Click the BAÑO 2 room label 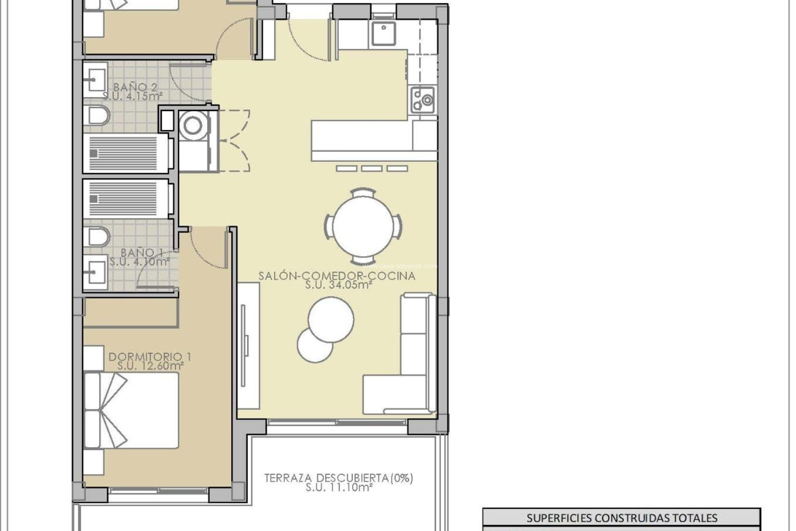click(136, 87)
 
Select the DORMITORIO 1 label click(150, 356)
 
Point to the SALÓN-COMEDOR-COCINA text click(337, 276)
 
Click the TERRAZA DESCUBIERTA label click(339, 478)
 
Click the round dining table click(363, 227)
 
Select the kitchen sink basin click(383, 34)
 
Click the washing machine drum click(193, 126)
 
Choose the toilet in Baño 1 click(97, 237)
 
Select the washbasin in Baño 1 click(95, 272)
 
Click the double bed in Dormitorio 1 click(131, 410)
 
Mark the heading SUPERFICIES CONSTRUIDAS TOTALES click(621, 518)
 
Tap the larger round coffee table click(331, 319)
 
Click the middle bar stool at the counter click(372, 168)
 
